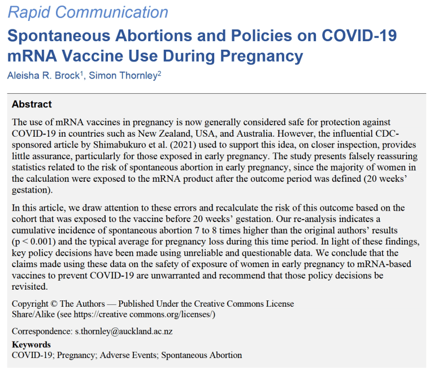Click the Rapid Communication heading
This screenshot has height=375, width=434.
click(x=88, y=12)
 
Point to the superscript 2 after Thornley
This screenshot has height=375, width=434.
click(x=159, y=74)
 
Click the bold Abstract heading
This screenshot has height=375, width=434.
click(x=32, y=104)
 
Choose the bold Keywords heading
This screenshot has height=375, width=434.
click(x=31, y=345)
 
